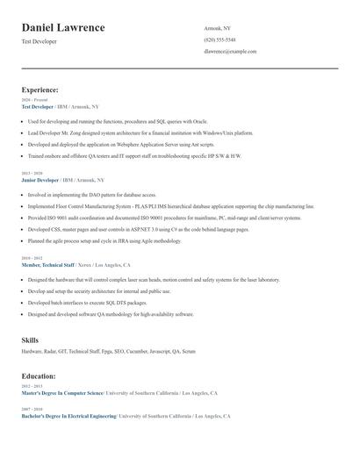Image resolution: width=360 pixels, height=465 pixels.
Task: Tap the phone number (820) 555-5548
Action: [x=220, y=39]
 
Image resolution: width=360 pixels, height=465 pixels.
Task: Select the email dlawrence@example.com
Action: [x=230, y=52]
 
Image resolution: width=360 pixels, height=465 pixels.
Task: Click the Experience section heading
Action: [x=40, y=89]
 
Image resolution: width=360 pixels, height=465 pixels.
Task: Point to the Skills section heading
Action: [x=30, y=340]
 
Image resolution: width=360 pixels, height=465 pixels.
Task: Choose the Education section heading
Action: [x=40, y=376]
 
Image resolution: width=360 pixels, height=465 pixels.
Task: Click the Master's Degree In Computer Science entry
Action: [x=62, y=394]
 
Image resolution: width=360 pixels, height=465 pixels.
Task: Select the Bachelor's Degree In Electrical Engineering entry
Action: [x=68, y=416]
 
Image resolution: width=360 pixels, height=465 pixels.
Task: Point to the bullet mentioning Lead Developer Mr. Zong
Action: [x=140, y=132]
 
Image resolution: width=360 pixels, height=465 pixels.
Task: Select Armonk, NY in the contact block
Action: [x=217, y=28]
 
